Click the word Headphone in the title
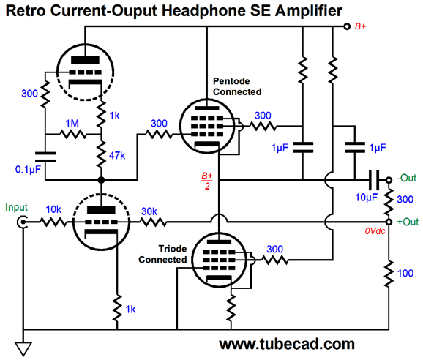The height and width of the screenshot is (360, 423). tap(203, 11)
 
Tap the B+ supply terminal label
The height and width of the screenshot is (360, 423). tap(360, 26)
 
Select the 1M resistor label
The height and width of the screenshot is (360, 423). tap(72, 124)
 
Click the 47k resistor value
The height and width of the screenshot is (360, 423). tap(117, 156)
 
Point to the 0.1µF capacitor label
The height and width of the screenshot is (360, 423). tap(28, 169)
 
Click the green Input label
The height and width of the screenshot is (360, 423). tap(16, 207)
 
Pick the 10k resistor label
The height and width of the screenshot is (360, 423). tap(53, 209)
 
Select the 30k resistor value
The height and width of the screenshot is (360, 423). tap(149, 211)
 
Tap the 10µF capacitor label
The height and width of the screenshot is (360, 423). tap(366, 198)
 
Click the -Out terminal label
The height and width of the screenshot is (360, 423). tap(407, 178)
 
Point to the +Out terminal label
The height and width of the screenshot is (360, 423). tap(408, 222)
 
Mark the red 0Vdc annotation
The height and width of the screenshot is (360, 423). tap(375, 230)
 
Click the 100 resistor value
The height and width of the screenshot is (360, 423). tap(405, 274)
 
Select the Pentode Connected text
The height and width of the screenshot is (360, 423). tap(237, 86)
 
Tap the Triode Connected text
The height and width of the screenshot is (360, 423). tap(162, 254)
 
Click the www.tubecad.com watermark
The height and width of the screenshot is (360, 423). tap(287, 344)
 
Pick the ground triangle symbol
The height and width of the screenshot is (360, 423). tap(23, 349)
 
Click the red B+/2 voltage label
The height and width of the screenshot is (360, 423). tap(207, 181)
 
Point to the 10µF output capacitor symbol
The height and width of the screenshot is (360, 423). tap(374, 180)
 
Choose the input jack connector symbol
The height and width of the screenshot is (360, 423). tap(20, 222)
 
